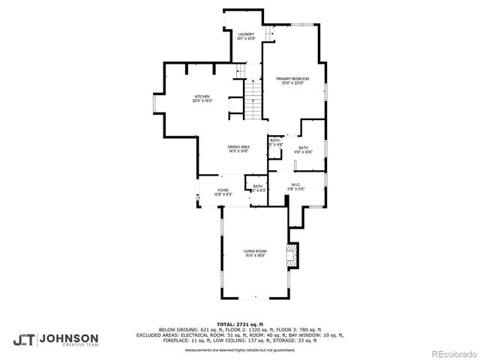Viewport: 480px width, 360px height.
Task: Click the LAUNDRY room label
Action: (x=246, y=34)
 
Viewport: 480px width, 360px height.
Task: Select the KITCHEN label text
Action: (x=202, y=96)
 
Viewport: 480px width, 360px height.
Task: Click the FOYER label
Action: (x=223, y=190)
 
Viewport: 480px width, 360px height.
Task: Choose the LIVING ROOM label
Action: (x=255, y=251)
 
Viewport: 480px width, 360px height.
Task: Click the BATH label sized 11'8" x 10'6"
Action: (x=303, y=148)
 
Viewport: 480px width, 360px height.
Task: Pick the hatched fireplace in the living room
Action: (x=291, y=255)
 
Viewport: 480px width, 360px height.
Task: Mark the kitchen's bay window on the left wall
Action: (x=155, y=103)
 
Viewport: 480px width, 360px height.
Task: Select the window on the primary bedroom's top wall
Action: (x=302, y=25)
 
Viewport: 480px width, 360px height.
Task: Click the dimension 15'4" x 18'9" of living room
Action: (x=255, y=256)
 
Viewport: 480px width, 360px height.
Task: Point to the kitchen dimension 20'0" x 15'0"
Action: (x=202, y=100)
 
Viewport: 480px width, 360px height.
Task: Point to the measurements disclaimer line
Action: (x=241, y=350)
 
